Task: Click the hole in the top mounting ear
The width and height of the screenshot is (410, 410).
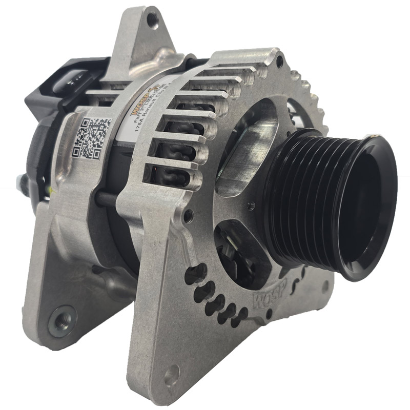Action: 152,22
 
